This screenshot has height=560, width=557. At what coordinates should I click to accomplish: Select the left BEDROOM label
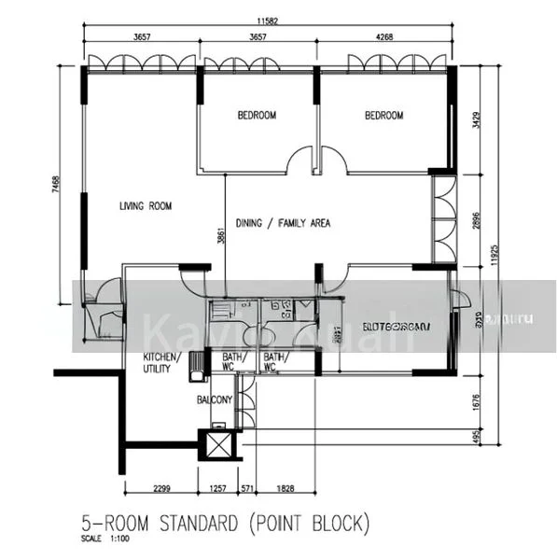pyautogui.click(x=257, y=116)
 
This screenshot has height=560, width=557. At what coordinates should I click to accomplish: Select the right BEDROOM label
pyautogui.click(x=383, y=116)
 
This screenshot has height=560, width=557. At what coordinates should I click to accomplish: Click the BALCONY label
pyautogui.click(x=214, y=399)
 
